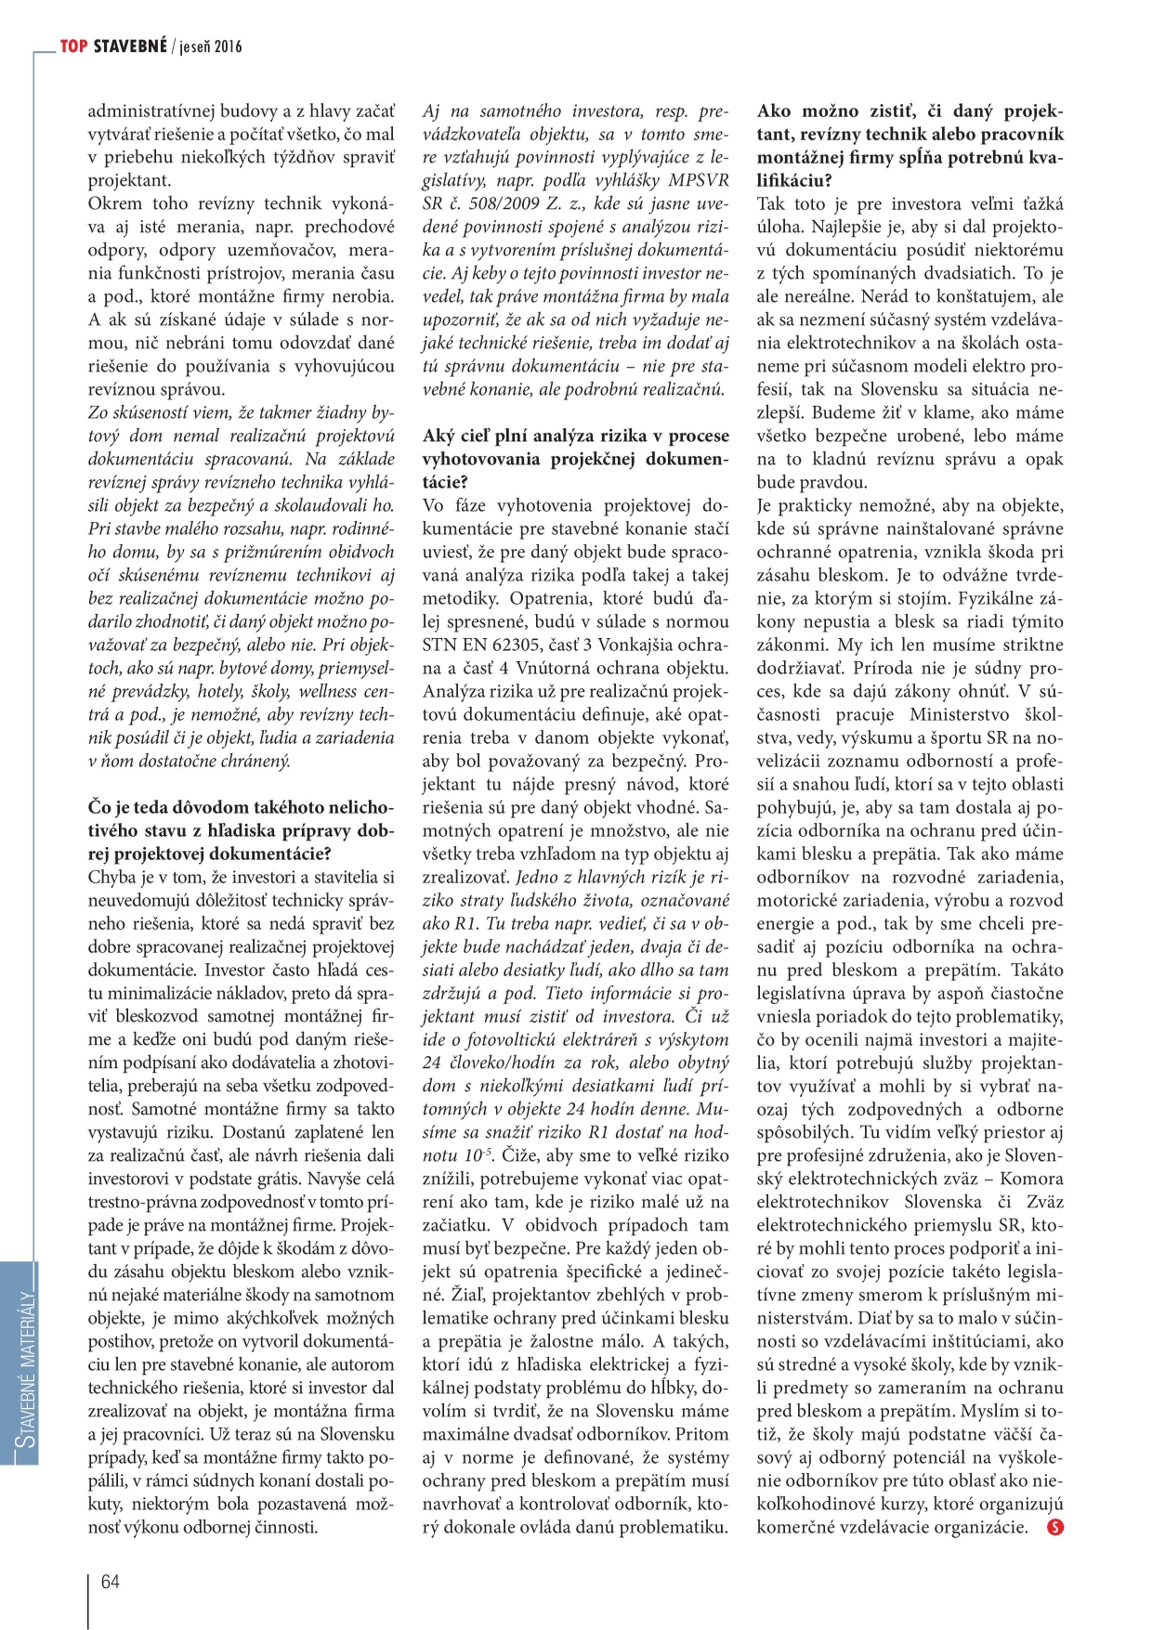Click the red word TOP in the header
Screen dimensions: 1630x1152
[74, 46]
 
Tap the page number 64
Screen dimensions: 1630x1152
[111, 1582]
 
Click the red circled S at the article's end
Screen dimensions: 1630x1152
[1054, 1527]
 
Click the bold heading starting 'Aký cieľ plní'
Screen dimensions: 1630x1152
[575, 459]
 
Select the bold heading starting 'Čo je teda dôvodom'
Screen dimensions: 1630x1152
[241, 830]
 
